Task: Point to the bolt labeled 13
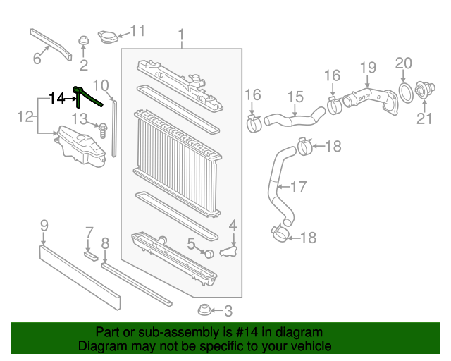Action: [103, 129]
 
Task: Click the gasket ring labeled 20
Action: [407, 91]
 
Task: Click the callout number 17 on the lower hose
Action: [299, 188]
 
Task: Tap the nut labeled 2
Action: [84, 42]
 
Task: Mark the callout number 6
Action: [37, 59]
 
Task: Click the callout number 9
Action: [44, 226]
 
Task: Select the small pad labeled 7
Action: [89, 255]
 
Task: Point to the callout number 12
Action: [25, 116]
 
